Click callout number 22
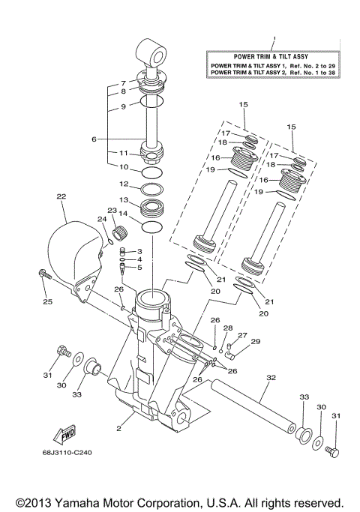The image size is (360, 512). tap(61, 197)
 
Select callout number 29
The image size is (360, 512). tap(255, 342)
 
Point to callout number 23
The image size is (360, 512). tap(111, 211)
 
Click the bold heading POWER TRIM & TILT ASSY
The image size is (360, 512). tap(274, 55)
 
